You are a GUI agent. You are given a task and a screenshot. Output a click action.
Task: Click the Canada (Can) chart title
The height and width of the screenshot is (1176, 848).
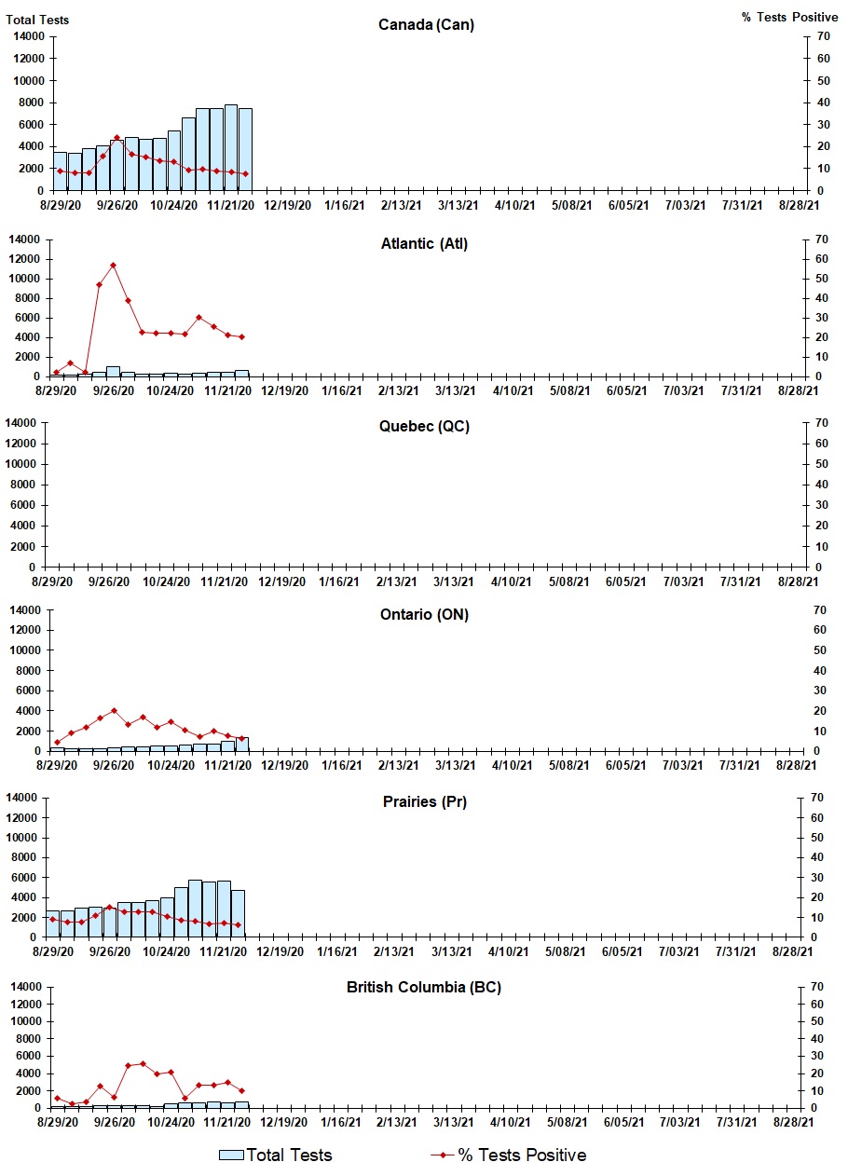tap(426, 24)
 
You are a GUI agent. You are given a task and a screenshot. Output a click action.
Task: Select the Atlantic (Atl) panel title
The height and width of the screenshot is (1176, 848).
tap(424, 244)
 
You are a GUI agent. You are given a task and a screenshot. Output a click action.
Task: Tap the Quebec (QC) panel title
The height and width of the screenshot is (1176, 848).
tap(424, 427)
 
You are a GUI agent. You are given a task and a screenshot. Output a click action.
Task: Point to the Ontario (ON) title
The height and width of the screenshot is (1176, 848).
tap(424, 615)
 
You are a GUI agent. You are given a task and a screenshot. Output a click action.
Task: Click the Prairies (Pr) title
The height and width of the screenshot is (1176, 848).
tap(424, 802)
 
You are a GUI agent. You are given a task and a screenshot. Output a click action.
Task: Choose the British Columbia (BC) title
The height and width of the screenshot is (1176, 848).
tap(424, 988)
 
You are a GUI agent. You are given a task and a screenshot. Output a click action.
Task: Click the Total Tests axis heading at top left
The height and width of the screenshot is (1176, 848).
tap(37, 20)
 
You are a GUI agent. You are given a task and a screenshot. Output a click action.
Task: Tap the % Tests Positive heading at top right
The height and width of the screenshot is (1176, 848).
tap(789, 18)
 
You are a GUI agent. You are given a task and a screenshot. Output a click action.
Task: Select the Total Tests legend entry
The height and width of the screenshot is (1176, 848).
tap(276, 1155)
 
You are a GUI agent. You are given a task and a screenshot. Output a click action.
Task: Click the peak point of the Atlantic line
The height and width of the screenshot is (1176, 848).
tap(114, 266)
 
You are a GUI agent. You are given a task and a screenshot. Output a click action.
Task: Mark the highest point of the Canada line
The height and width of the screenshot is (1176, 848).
tap(116, 138)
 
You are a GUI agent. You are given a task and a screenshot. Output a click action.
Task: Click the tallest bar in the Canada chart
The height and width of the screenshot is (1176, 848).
tap(231, 147)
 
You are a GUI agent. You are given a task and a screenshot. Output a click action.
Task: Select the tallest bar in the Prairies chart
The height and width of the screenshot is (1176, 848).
tap(195, 908)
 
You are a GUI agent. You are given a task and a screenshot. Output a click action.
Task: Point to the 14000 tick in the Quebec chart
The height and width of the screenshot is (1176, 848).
tap(27, 423)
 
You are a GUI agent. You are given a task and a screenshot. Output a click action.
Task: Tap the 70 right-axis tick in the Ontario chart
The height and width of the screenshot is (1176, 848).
tap(821, 609)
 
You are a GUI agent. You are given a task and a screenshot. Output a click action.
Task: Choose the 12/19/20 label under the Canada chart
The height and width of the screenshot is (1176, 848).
tap(287, 205)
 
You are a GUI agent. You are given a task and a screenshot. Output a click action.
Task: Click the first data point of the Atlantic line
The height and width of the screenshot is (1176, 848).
tap(57, 373)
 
